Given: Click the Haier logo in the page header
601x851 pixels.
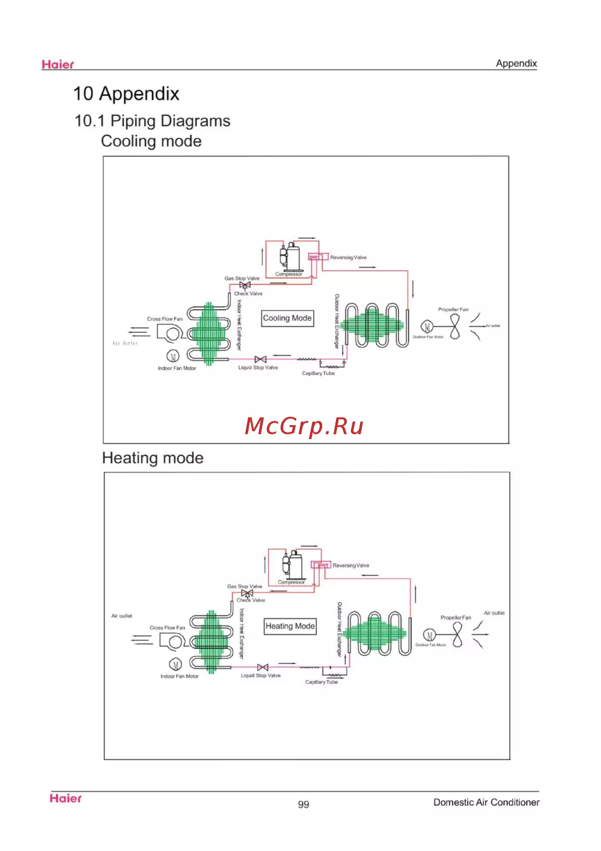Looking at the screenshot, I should tap(58, 64).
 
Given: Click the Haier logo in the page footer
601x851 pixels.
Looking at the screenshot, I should tap(66, 798).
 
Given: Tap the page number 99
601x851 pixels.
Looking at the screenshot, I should tap(304, 804).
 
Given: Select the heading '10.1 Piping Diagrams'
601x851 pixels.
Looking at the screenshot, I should tap(152, 121).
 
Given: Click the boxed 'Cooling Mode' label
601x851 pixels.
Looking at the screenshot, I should tap(287, 318).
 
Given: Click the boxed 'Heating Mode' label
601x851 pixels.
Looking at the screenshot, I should tap(290, 626).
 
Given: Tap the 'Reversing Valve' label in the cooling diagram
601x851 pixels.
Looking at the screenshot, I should tap(348, 257).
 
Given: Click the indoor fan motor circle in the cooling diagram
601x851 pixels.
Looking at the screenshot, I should tap(172, 356).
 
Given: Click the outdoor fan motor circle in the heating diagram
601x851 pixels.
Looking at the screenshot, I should tap(429, 635).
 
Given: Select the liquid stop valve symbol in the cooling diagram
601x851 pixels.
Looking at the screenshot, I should tap(260, 359).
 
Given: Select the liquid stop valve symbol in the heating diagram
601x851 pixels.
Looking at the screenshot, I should tap(263, 667).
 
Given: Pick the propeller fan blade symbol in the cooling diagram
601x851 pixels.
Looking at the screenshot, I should tap(455, 327).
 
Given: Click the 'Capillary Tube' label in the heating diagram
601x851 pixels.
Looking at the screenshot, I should tap(322, 682).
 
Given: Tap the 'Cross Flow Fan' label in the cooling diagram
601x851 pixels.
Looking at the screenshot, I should tap(165, 319).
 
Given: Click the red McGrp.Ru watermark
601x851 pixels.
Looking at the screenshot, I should tap(304, 426).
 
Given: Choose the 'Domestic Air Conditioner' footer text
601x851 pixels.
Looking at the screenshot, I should tap(486, 802).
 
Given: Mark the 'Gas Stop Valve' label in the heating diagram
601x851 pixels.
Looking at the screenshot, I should tap(245, 586).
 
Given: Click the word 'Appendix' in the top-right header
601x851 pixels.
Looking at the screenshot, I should tap(516, 63).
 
